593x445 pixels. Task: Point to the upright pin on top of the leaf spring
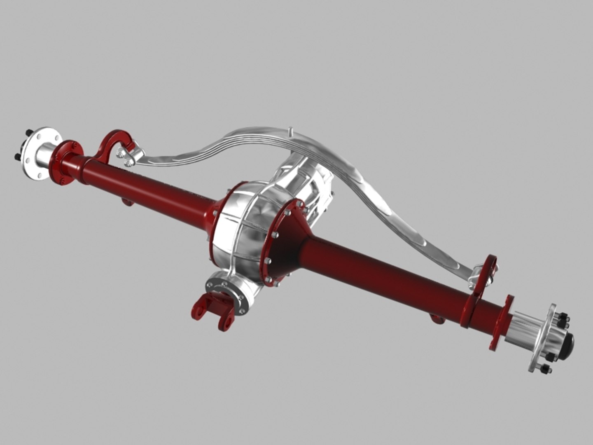[x=291, y=132]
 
